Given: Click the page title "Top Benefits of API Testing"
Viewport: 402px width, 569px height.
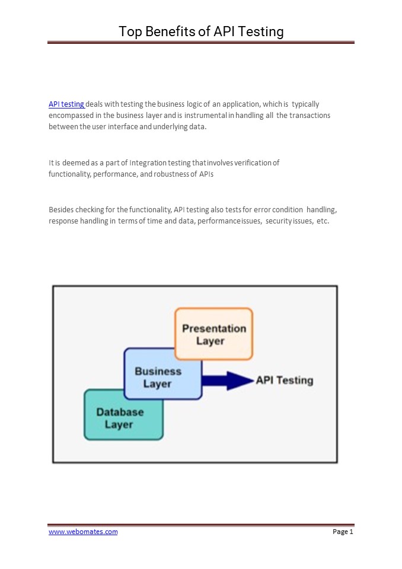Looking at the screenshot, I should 201,31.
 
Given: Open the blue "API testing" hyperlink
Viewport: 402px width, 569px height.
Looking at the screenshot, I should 66,104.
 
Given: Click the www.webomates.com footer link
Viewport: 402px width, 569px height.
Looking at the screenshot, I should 83,532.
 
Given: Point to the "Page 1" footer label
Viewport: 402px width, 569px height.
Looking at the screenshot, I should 343,532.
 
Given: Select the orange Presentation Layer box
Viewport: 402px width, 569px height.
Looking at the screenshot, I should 214,334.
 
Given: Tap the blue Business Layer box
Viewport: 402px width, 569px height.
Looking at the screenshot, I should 158,377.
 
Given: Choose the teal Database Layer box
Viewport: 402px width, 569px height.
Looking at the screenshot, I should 120,418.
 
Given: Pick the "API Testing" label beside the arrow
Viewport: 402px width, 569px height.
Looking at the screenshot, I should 285,381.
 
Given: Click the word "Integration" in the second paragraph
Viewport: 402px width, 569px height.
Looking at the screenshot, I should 148,162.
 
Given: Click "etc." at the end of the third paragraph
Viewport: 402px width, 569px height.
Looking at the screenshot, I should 323,220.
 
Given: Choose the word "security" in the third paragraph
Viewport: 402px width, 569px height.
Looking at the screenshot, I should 279,220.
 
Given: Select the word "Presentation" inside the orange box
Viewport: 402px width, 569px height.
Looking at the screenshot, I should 214,328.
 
